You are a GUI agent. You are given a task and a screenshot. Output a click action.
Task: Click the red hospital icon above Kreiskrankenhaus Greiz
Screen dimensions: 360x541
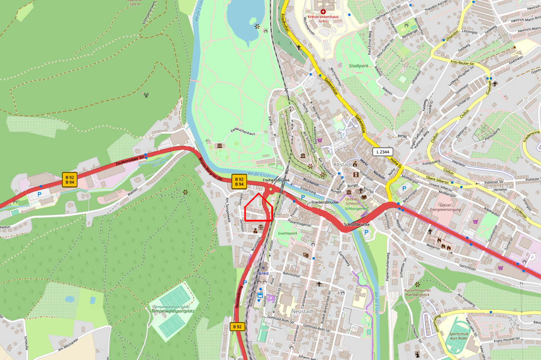pos(323,11)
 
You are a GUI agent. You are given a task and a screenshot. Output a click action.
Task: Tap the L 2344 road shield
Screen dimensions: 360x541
pos(383,152)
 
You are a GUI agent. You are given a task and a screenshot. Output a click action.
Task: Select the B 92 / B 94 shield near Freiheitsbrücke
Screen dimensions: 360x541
pos(239,182)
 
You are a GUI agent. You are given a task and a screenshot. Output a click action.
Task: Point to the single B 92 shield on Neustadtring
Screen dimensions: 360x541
pos(238,327)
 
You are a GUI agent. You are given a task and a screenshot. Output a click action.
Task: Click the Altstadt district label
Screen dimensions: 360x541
pos(343,164)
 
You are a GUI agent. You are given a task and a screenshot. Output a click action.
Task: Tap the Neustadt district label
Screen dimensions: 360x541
pos(302,311)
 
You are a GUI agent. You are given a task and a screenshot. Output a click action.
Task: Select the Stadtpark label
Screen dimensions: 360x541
pos(359,66)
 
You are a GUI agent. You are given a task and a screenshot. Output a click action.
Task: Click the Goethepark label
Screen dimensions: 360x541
pos(287,233)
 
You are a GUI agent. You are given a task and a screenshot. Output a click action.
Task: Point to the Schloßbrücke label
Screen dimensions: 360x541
pos(357,225)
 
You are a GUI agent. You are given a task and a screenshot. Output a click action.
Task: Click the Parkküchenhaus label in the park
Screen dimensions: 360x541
pos(243,133)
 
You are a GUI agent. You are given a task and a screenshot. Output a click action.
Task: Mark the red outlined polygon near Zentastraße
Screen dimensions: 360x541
pos(259,209)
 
